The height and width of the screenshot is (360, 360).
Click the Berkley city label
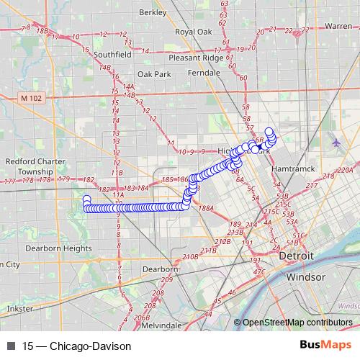153,12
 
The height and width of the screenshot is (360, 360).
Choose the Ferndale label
204,73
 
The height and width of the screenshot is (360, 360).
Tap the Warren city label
338,26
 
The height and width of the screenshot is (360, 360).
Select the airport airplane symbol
337,143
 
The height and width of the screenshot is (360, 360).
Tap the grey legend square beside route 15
10,346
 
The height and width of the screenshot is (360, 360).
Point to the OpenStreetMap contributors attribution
297,323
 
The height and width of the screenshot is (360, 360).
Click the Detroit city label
297,256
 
